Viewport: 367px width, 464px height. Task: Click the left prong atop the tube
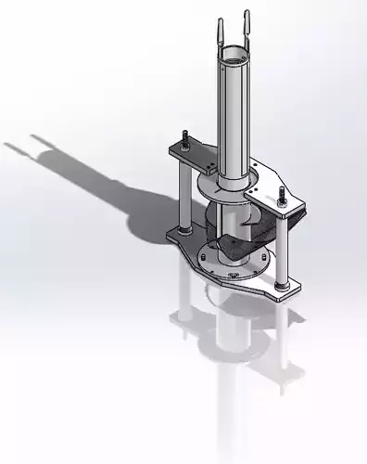221,28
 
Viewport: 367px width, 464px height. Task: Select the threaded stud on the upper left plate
185,139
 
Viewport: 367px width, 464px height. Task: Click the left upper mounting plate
193,156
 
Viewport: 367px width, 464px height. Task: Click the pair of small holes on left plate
211,168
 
